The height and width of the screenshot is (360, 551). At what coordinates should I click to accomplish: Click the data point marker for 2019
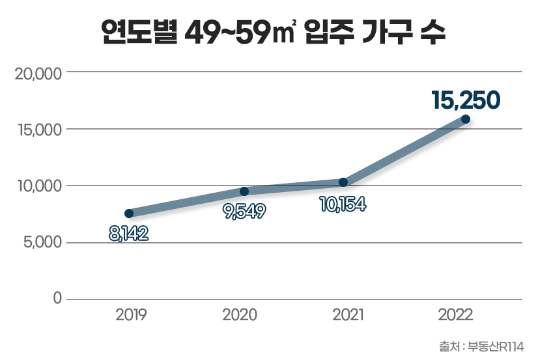[129, 214]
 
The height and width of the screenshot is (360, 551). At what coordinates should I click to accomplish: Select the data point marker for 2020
[244, 191]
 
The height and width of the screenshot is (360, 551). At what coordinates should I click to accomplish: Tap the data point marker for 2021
[343, 182]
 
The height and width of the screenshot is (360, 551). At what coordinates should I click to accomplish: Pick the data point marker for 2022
[466, 119]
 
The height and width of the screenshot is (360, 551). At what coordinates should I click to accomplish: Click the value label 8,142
[129, 233]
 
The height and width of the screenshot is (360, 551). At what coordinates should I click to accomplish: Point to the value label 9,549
[244, 212]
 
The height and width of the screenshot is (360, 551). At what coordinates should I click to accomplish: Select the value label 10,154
[343, 204]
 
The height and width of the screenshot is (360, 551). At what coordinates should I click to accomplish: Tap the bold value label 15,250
[466, 99]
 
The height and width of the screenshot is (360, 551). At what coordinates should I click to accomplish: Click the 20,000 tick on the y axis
[38, 73]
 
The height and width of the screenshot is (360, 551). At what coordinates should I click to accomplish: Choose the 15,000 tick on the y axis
[38, 130]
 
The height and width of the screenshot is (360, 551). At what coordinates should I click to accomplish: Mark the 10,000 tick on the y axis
[38, 186]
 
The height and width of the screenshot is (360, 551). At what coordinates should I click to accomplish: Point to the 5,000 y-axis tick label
[40, 243]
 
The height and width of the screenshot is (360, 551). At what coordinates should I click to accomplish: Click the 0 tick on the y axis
[57, 299]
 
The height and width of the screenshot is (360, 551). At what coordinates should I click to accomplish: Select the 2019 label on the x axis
[132, 316]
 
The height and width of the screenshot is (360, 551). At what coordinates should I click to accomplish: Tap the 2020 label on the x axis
[240, 316]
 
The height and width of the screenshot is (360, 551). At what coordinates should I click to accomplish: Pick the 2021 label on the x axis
[348, 316]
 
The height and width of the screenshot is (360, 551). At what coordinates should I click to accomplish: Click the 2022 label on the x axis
[456, 316]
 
